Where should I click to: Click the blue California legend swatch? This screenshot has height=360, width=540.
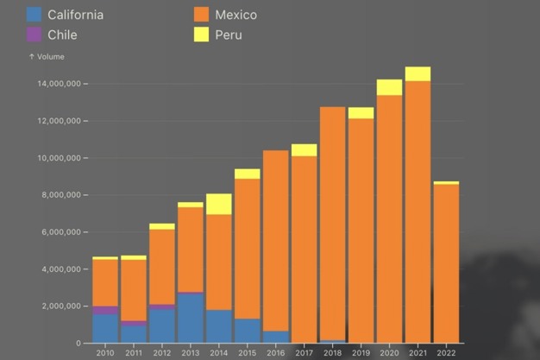click(x=35, y=15)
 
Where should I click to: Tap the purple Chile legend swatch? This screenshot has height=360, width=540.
click(x=35, y=35)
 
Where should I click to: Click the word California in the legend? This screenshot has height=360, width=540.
click(x=76, y=15)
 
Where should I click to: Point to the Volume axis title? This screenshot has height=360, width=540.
click(x=47, y=57)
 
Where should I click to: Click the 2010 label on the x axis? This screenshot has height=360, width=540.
click(x=105, y=352)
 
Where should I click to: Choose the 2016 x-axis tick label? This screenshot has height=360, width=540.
click(x=276, y=352)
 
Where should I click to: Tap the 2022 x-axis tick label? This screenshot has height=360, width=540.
click(x=446, y=352)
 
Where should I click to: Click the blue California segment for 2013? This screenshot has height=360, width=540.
click(x=191, y=318)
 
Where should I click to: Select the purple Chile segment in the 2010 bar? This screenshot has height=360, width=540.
click(x=105, y=310)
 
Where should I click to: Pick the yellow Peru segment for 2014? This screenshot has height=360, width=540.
click(x=219, y=204)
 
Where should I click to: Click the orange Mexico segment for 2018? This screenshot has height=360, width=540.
click(x=333, y=224)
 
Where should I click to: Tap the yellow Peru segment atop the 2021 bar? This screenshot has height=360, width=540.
click(x=418, y=74)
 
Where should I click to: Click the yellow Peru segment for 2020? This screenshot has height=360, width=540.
click(x=389, y=87)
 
